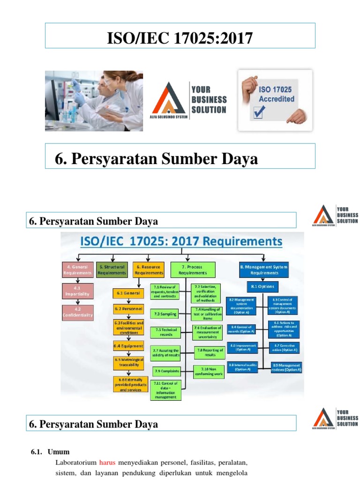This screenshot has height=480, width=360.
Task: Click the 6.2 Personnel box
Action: pyautogui.click(x=128, y=309)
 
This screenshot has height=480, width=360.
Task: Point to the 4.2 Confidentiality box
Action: pyautogui.click(x=77, y=312)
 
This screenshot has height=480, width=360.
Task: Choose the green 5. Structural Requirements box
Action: pyautogui.click(x=112, y=270)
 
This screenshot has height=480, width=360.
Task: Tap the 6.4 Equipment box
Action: pyautogui.click(x=128, y=346)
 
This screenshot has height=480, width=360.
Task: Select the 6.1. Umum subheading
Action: pyautogui.click(x=50, y=452)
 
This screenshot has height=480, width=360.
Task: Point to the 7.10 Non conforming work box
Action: pyautogui.click(x=206, y=371)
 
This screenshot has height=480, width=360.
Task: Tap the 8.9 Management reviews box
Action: pyautogui.click(x=286, y=367)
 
